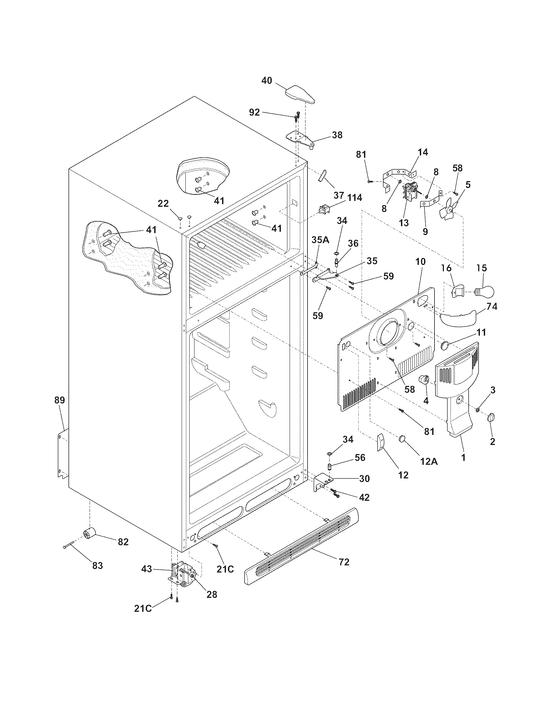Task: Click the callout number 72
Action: point(344,562)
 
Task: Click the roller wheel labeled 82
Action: point(89,535)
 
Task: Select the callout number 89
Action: point(60,400)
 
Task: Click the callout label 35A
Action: point(320,240)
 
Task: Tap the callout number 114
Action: point(355,197)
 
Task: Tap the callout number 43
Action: point(146,569)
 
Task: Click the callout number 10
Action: point(420,262)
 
